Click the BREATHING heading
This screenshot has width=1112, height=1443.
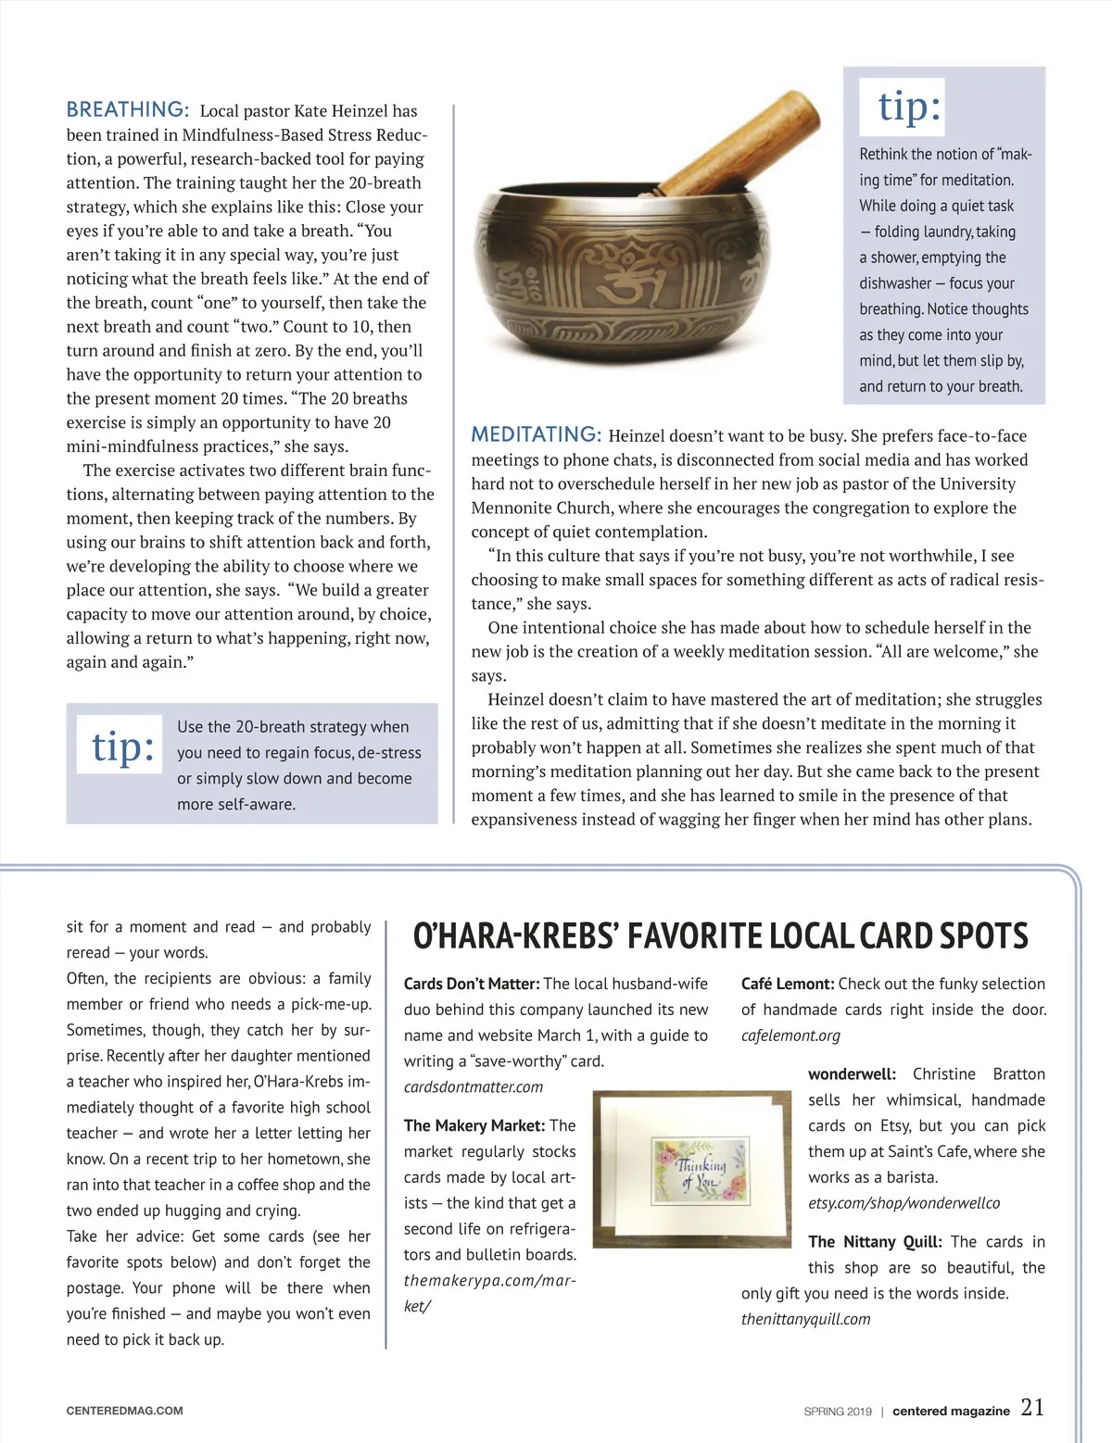[x=128, y=109]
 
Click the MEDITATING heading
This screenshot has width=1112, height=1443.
[x=537, y=434]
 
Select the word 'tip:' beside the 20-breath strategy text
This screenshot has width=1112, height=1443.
[x=122, y=746]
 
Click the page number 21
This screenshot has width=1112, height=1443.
[x=1032, y=1408]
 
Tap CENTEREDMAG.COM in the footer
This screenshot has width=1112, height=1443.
[x=124, y=1411]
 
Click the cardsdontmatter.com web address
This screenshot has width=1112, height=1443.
[x=474, y=1087]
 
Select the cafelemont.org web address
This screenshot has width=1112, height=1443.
[x=790, y=1035]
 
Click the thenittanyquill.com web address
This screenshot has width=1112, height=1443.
[x=805, y=1319]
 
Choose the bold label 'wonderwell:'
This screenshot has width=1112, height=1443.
[x=852, y=1074]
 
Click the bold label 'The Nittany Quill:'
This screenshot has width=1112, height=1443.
[x=875, y=1242]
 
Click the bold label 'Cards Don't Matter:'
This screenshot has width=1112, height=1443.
[x=472, y=984]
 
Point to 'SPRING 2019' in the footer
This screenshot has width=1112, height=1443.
[x=838, y=1412]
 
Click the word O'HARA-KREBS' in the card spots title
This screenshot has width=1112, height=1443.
[x=515, y=936]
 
